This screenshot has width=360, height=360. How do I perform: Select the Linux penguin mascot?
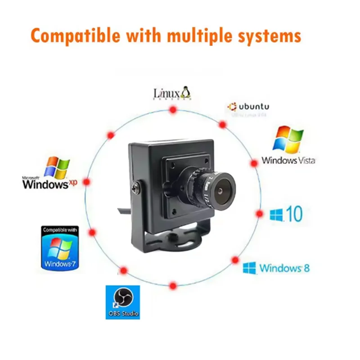(x=185, y=92)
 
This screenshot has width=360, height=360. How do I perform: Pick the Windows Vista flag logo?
(x=288, y=139)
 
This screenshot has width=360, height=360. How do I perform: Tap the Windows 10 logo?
(x=286, y=214)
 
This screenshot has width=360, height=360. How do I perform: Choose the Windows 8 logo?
(x=276, y=268)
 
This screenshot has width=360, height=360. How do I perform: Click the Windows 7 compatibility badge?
(x=60, y=248)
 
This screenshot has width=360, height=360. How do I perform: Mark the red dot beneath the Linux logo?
(x=172, y=110)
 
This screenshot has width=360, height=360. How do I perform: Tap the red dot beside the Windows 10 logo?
(x=259, y=214)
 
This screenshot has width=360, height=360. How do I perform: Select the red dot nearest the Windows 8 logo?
(x=235, y=260)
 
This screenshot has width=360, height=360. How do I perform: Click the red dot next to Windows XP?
(x=87, y=182)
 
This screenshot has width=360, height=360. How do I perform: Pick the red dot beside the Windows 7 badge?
(x=93, y=233)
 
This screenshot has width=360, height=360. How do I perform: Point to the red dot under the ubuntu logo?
(x=222, y=125)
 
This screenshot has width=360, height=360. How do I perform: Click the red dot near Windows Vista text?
(x=254, y=163)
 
